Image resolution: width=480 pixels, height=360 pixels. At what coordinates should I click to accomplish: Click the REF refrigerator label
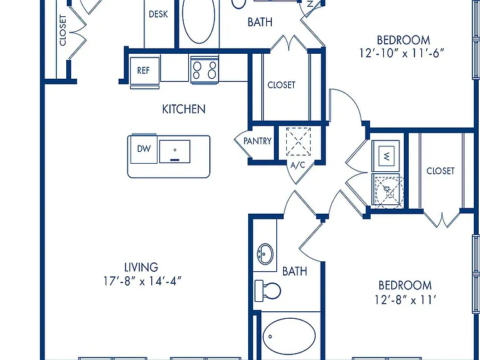click(x=143, y=71)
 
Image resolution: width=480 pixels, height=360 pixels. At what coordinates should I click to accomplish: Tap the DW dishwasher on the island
click(x=144, y=149)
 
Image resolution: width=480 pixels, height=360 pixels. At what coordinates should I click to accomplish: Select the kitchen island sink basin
click(x=174, y=151)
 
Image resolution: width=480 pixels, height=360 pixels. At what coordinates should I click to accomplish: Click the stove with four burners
click(x=204, y=69)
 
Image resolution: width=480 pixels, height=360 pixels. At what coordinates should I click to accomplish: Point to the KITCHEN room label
click(x=184, y=109)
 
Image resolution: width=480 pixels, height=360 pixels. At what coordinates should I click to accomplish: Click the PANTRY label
click(x=257, y=141)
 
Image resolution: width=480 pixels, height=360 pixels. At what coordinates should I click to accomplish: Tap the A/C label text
click(x=298, y=165)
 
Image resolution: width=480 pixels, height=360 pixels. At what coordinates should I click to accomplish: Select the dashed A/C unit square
click(x=298, y=141)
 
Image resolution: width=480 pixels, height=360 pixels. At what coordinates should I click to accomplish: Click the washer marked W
click(x=386, y=156)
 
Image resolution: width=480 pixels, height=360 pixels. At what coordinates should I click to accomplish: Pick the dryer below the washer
click(x=387, y=191)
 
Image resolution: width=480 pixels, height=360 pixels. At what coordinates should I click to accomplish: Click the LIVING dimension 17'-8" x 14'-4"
click(x=142, y=281)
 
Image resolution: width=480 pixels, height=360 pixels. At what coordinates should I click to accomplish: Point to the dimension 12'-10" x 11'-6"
click(x=402, y=53)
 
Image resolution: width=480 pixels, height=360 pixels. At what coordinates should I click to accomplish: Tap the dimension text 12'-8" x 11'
click(x=405, y=300)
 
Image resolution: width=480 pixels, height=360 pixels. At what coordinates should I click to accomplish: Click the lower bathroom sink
click(x=265, y=254)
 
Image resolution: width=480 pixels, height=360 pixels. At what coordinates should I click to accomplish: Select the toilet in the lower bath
click(x=267, y=291)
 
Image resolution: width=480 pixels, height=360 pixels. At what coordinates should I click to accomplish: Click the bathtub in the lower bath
click(x=289, y=336)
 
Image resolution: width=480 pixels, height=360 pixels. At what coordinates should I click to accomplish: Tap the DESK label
click(x=158, y=14)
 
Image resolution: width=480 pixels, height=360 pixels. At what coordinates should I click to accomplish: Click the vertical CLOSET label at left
click(x=62, y=30)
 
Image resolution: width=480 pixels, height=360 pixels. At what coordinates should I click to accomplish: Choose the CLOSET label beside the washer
click(x=441, y=171)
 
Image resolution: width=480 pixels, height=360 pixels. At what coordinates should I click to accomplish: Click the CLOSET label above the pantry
click(x=281, y=85)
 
